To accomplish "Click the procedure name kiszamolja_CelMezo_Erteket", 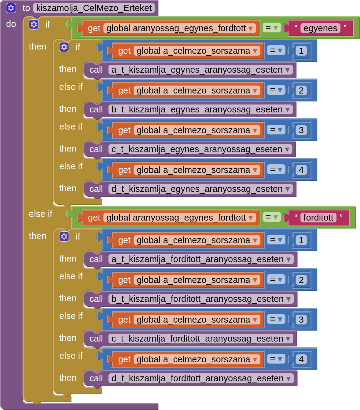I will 94,8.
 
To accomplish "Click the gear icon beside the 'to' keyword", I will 11,8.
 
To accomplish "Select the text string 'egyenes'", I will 320,28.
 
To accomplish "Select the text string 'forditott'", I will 318,218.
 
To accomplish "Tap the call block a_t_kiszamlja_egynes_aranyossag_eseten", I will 96,70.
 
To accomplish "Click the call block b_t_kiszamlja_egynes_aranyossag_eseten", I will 96,110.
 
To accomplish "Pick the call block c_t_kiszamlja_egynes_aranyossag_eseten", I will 96,149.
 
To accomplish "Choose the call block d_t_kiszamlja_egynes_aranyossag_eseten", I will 96,189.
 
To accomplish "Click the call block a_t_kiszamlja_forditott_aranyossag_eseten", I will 96,259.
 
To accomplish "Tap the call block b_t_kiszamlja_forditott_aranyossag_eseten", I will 96,299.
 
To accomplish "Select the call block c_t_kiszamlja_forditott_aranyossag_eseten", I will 96,339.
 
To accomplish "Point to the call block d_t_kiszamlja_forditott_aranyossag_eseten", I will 96,379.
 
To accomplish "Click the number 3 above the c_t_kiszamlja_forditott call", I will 301,320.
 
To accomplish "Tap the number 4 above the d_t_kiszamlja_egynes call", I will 301,170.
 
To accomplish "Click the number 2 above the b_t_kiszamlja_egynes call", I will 301,90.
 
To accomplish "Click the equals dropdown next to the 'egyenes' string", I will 271,28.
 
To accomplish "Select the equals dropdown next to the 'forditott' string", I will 271,218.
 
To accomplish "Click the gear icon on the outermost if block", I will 34,24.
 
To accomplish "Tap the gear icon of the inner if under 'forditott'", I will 64,236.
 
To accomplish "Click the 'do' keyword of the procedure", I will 11,24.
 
